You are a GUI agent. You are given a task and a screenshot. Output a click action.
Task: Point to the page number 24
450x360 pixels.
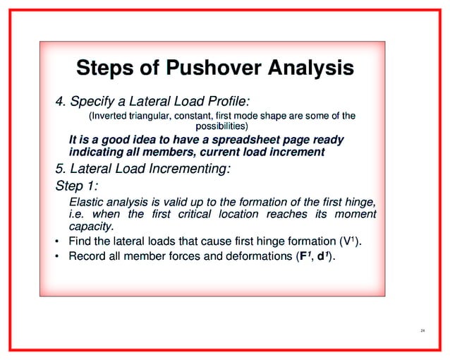[x=422, y=330]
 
